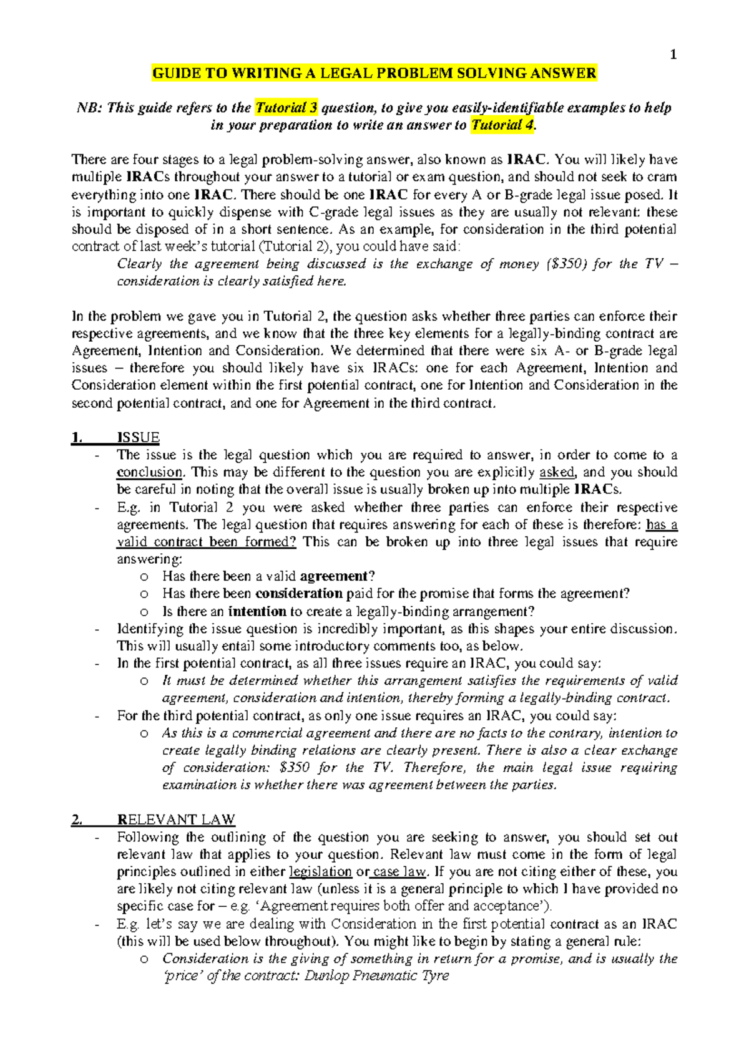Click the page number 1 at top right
673,55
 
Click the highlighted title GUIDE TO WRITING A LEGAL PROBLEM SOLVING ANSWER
374,74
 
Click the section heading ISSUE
138,437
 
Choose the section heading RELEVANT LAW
176,820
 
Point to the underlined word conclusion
150,472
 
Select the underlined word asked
557,472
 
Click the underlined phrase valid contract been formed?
207,541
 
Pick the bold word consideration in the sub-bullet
299,593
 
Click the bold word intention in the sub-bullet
257,611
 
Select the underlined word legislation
321,872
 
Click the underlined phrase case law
399,872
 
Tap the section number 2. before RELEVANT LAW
77,820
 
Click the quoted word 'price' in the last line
182,976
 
